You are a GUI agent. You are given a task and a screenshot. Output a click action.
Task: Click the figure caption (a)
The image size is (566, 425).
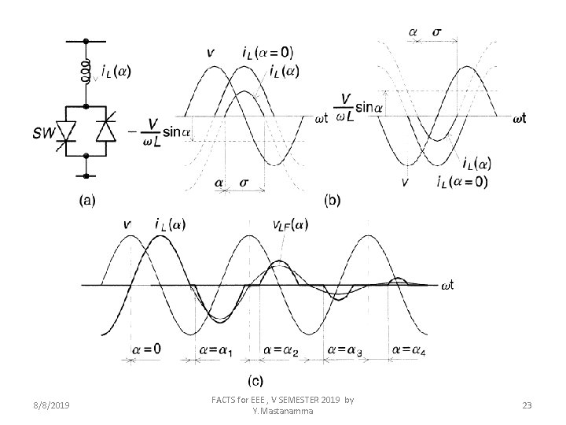[x=89, y=201]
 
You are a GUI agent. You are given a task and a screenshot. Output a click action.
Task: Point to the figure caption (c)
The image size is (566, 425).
[x=255, y=381]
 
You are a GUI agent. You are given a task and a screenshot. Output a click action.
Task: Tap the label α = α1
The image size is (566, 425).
[x=215, y=349]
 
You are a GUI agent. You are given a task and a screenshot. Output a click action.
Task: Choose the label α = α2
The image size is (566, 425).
[x=281, y=349]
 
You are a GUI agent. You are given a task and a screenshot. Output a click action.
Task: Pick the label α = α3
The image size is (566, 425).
[x=345, y=349]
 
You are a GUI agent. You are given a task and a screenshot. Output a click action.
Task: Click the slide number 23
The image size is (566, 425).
[x=527, y=405]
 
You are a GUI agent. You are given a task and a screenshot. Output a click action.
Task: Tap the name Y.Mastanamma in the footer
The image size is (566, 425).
[x=283, y=411]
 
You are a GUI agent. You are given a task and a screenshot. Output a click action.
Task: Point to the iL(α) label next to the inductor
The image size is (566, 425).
[x=116, y=70]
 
